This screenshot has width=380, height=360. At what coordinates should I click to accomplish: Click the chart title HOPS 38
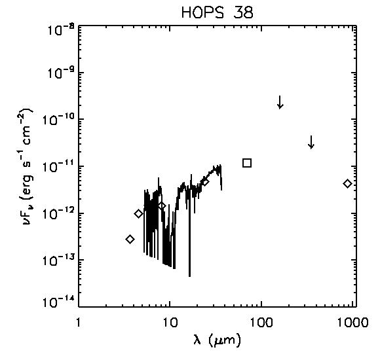point(217,12)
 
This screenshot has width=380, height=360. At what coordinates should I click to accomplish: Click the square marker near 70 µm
point(247,163)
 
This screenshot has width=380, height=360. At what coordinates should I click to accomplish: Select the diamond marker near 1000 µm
point(347,183)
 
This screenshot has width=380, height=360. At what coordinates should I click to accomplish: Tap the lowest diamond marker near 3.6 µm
point(130,239)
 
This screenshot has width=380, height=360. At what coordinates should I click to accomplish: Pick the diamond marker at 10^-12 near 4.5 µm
point(138,214)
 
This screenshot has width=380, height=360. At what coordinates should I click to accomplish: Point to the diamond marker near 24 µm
point(206,182)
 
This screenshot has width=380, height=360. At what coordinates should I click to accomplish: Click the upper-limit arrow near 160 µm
point(280,102)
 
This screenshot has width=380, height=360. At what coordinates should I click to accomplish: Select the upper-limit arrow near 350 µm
point(311,142)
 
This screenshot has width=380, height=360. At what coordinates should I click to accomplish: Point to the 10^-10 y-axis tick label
point(58,120)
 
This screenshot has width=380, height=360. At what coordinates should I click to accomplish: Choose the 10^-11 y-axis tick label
point(58,167)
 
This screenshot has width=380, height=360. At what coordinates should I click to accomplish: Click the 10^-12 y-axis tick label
point(58,214)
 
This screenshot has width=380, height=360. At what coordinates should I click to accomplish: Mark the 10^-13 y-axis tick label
point(58,261)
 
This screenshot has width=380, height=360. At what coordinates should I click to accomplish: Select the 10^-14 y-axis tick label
point(58,302)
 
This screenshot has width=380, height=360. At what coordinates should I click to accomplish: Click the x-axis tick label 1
point(78,322)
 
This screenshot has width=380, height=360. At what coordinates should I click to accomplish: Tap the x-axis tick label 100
point(261,322)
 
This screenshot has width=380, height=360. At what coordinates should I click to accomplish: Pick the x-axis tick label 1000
point(353,322)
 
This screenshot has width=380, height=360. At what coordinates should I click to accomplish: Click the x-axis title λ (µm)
point(217,340)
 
